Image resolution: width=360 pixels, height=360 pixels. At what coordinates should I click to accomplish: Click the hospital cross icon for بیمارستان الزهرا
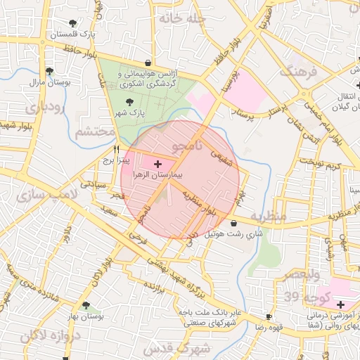(156, 163)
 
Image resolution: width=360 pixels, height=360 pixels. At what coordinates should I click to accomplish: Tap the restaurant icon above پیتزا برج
(117, 149)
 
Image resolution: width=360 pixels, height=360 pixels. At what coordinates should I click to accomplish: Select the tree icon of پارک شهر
(129, 103)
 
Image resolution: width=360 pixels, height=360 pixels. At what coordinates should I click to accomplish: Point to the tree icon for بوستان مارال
(49, 71)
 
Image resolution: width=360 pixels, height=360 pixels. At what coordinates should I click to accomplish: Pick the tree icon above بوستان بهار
(86, 306)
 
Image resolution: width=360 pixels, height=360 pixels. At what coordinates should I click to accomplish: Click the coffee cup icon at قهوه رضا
(267, 317)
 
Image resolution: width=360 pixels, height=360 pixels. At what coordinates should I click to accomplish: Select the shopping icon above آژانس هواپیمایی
(147, 63)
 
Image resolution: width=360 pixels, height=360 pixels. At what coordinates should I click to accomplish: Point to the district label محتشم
(94, 131)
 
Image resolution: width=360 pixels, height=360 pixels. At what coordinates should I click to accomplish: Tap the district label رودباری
(44, 108)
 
